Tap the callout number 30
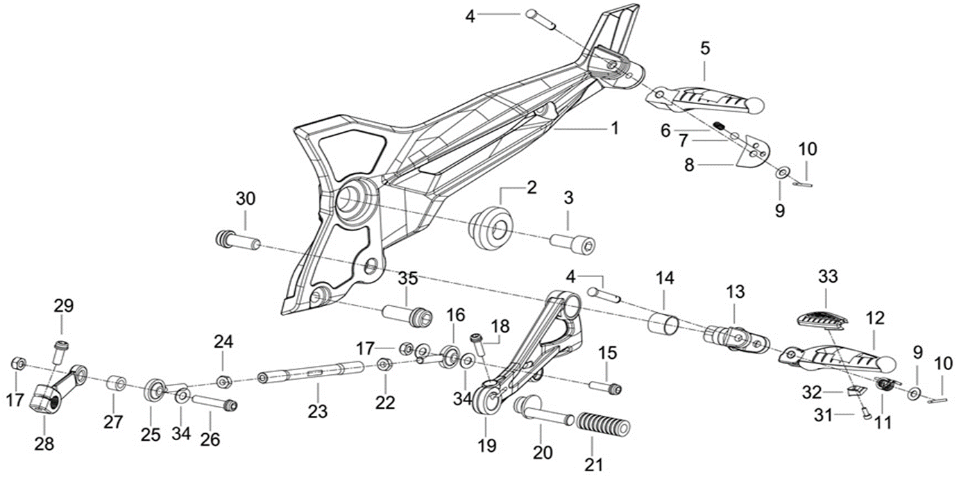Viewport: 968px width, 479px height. (246, 199)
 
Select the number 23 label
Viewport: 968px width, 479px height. (317, 412)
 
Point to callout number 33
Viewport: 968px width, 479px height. (828, 277)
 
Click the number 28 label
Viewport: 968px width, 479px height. (44, 443)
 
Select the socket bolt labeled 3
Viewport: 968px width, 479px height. (573, 244)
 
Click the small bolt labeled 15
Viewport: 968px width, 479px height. (605, 386)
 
